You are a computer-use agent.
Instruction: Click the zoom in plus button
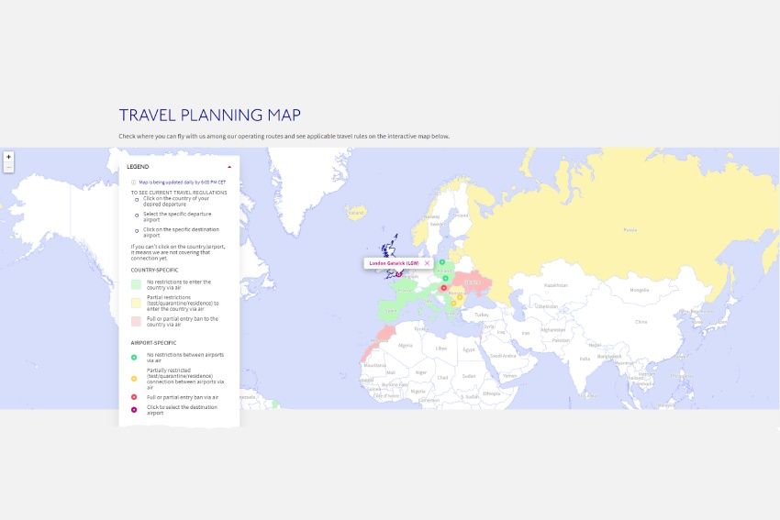click(x=8, y=157)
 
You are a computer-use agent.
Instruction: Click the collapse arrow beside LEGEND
click(x=228, y=166)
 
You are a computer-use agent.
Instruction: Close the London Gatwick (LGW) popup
click(x=427, y=263)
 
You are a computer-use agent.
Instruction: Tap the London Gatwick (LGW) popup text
click(x=393, y=263)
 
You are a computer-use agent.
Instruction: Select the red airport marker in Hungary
click(x=443, y=288)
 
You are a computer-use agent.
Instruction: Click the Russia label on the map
click(x=630, y=229)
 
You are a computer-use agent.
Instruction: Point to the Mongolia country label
click(x=640, y=290)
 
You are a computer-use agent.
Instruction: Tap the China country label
click(x=641, y=322)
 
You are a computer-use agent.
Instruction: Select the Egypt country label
click(x=469, y=349)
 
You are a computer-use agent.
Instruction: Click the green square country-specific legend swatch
click(x=136, y=284)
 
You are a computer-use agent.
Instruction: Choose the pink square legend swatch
click(x=136, y=321)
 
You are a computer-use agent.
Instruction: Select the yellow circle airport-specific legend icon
click(x=134, y=377)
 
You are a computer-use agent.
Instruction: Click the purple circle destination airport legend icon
click(x=134, y=409)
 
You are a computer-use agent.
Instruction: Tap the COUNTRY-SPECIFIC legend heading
click(x=155, y=270)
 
